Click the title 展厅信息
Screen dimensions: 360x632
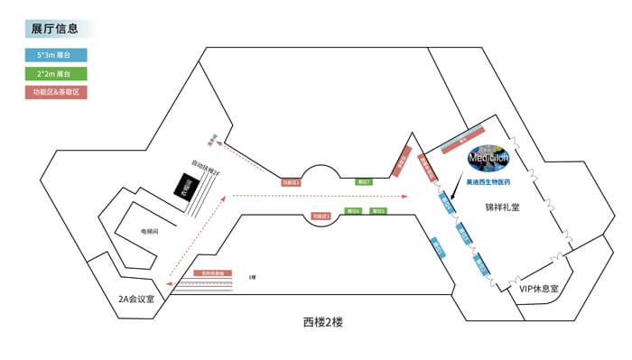(54, 29)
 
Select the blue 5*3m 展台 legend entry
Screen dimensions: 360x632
(56, 54)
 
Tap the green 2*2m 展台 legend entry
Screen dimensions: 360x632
(56, 73)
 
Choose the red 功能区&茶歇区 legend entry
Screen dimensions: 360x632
(56, 92)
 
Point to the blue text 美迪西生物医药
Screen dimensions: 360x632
(488, 181)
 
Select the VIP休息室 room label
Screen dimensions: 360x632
(539, 289)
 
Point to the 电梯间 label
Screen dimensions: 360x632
(150, 232)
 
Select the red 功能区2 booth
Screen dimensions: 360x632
(290, 182)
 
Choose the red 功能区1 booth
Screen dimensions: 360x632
(321, 217)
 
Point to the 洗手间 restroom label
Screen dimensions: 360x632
(214, 142)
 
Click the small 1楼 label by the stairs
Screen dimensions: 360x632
(252, 277)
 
